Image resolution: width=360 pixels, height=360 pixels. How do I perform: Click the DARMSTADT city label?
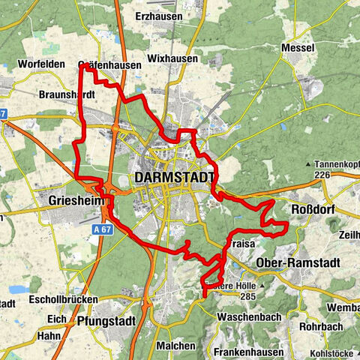click(175, 178)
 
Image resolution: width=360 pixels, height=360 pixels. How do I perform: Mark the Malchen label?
click(176, 345)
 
